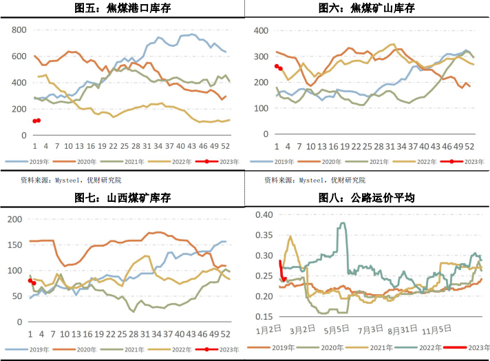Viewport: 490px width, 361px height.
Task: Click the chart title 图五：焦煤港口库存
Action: (122, 8)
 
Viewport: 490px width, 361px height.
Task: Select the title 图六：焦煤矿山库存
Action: (367, 8)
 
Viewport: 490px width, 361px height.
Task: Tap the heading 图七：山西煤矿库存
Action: (122, 198)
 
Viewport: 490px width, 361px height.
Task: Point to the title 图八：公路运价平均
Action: (367, 198)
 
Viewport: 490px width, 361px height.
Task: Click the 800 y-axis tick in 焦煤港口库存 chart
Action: (19, 30)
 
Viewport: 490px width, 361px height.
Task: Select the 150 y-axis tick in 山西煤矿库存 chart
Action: (15, 245)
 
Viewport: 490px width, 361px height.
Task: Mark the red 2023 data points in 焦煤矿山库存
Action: (278, 68)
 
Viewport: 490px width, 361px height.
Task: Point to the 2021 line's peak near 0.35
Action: (290, 236)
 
